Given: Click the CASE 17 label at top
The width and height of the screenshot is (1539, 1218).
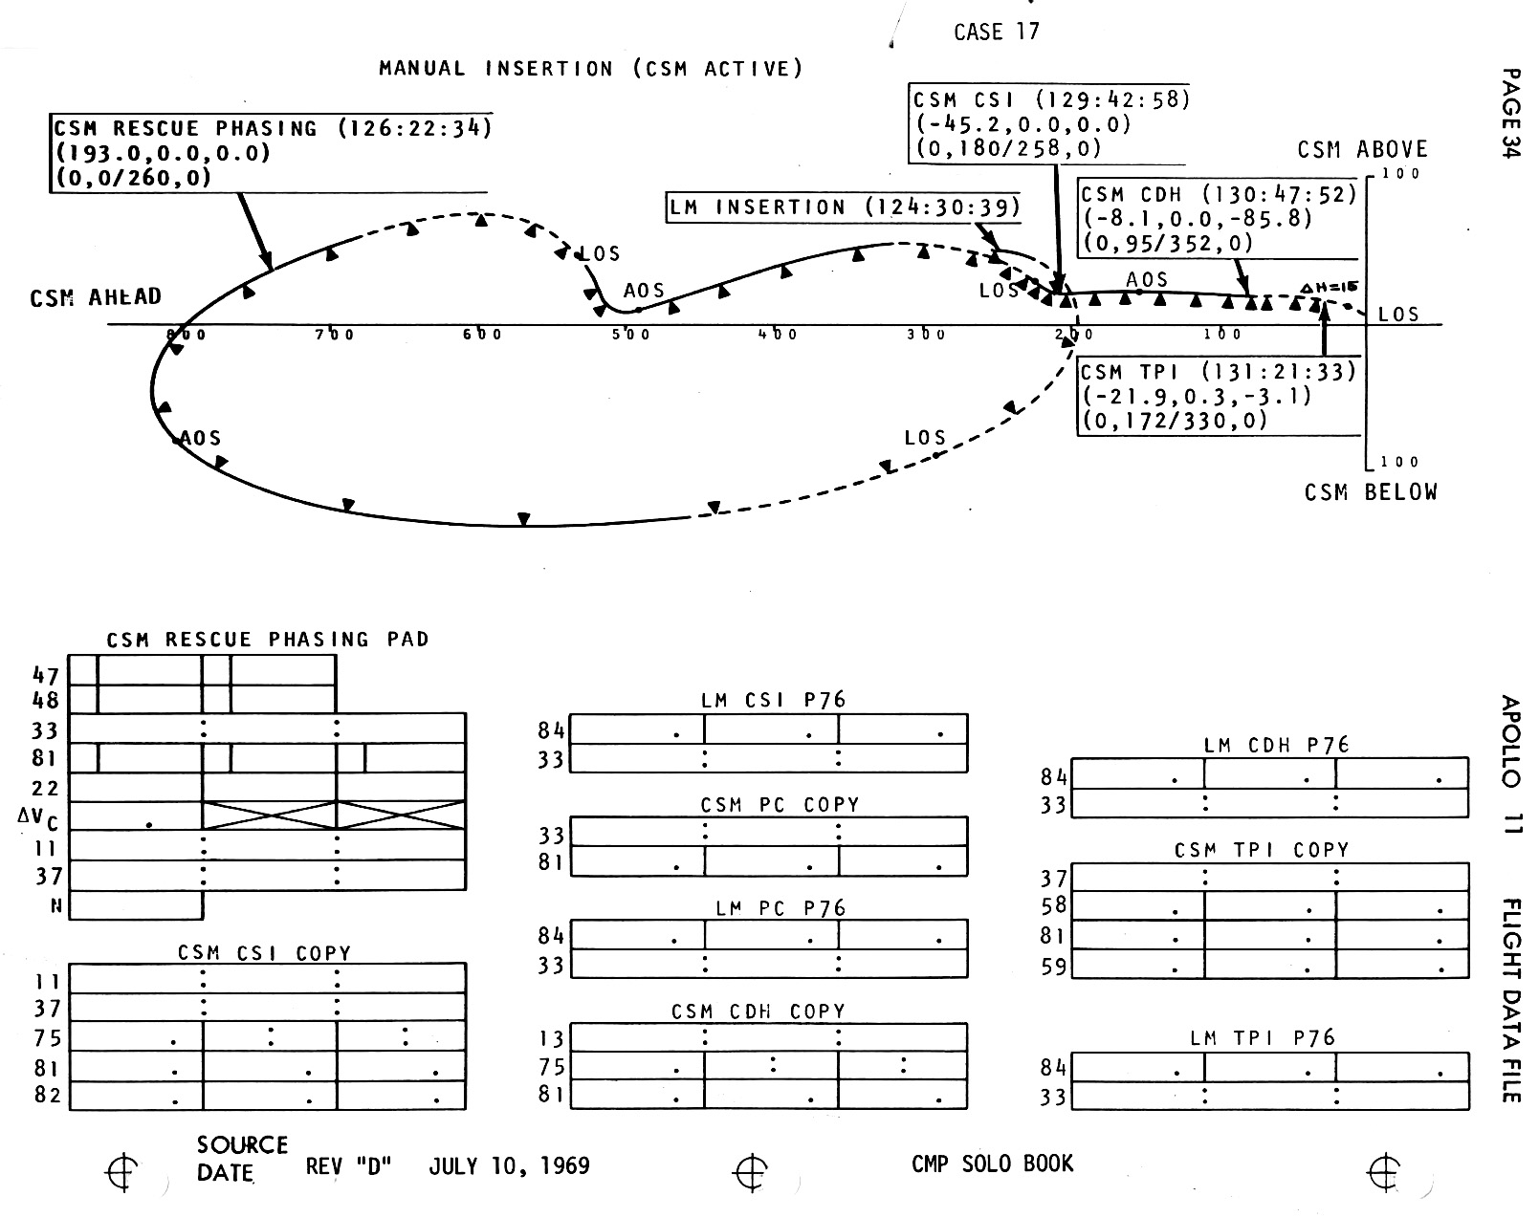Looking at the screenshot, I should coord(996,32).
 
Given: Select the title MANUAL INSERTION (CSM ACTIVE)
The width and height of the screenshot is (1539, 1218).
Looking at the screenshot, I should coord(590,69).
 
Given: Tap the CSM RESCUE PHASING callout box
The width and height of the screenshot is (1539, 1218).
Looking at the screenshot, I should coord(273,153).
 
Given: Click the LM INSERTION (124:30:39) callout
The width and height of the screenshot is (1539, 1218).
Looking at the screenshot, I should coord(845,207).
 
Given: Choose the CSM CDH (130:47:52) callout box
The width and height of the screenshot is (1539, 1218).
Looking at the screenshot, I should coord(1219,219).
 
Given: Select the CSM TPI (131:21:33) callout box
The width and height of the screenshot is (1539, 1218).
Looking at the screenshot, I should coord(1219,397).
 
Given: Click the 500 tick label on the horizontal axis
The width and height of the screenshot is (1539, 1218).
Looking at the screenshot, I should coord(631,335).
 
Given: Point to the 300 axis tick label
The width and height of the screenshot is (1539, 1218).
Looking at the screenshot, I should coord(926,335).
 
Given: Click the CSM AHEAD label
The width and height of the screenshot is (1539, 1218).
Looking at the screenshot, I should coord(96,297).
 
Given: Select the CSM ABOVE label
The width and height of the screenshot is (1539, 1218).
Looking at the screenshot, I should coord(1362,150).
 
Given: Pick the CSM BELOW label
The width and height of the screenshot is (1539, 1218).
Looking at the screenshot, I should coord(1371,492).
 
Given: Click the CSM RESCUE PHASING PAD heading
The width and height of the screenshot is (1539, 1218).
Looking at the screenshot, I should coord(268,640).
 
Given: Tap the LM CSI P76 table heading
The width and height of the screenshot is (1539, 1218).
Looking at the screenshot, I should coord(773,700).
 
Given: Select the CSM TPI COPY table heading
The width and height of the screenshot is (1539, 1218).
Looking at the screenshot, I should coord(1262,850).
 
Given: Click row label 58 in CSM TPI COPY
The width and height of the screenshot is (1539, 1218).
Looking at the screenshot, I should coord(1053,906).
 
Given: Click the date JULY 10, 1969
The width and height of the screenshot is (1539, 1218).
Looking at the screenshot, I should coord(509,1166).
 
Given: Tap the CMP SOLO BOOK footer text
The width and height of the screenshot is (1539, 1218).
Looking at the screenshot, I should coord(992,1164).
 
